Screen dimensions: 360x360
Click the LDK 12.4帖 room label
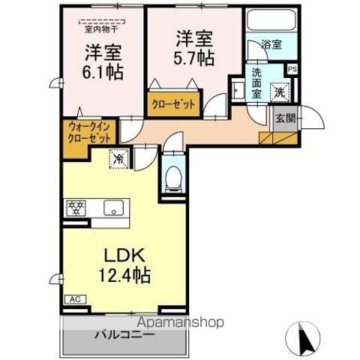click(124, 265)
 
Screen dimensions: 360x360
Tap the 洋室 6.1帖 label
click(103, 63)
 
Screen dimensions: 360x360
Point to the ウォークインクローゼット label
click(88, 133)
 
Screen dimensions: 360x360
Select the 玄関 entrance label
click(284, 118)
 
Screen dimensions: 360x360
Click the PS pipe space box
click(292, 68)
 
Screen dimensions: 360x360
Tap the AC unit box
click(75, 299)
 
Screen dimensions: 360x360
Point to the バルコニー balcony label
click(123, 334)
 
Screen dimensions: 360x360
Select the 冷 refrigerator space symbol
click(119, 158)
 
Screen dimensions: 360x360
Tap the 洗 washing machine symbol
click(279, 91)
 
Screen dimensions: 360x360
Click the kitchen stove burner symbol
click(75, 206)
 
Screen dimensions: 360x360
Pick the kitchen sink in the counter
click(114, 208)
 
